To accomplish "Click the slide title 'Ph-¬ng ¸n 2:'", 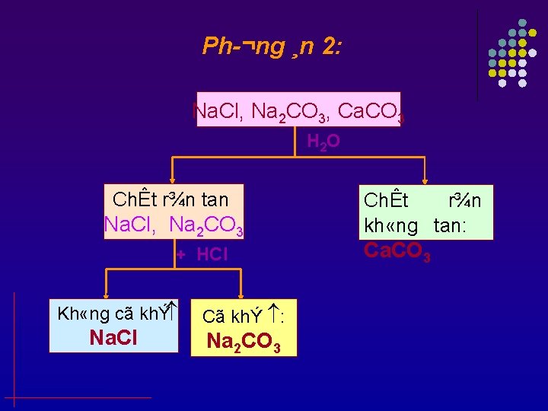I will pyautogui.click(x=272, y=47).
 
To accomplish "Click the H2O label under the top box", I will pyautogui.click(x=323, y=141).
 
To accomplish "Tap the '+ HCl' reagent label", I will pyautogui.click(x=202, y=254).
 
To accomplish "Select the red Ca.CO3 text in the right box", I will pyautogui.click(x=397, y=250).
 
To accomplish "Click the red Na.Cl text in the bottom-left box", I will pyautogui.click(x=113, y=337).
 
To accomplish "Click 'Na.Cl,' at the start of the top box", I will pyautogui.click(x=218, y=112).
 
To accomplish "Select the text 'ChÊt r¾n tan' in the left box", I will pyautogui.click(x=170, y=199).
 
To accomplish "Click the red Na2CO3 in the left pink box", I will pyautogui.click(x=206, y=225).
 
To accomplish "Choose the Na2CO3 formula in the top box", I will pyautogui.click(x=290, y=113).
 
